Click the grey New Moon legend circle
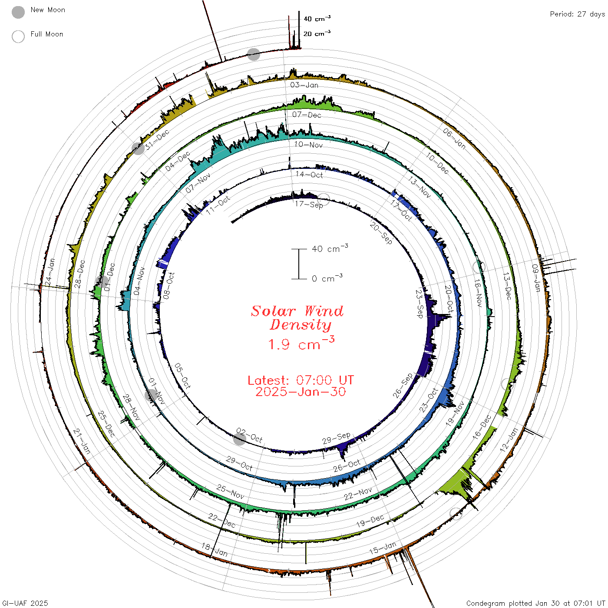tap(18, 12)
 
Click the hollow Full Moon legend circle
tap(18, 36)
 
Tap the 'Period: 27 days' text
tap(578, 14)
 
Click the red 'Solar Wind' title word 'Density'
tap(301, 325)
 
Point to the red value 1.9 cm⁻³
tap(301, 344)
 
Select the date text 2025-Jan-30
tap(301, 392)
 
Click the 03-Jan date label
tap(304, 85)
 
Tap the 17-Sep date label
tap(309, 205)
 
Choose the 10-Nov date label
tap(308, 145)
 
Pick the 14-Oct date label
tap(309, 175)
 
